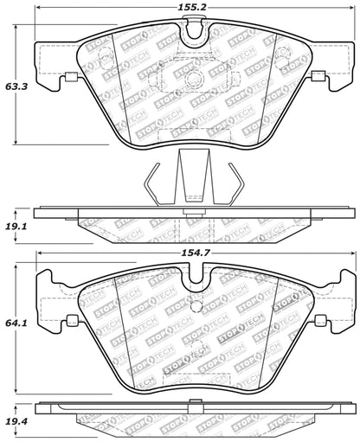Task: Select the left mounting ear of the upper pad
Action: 54,80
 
